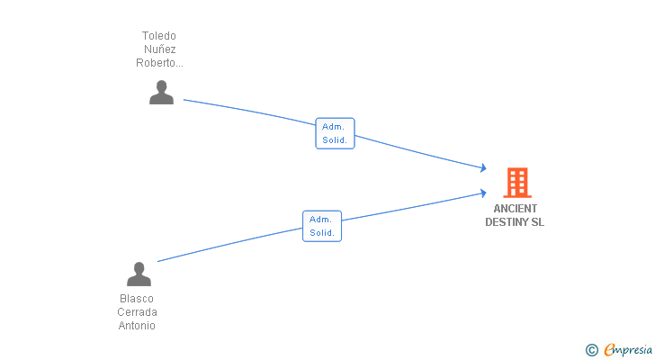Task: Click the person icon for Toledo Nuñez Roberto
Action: [161, 93]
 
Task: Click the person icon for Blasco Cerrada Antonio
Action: [139, 274]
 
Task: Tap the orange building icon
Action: [516, 183]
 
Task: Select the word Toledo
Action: [159, 36]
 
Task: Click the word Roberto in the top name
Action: [158, 63]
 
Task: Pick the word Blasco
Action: [137, 299]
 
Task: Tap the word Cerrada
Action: [137, 312]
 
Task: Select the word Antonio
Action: [137, 326]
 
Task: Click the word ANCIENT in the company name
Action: [515, 209]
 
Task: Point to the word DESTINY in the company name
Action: [506, 221]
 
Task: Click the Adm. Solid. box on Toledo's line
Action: [336, 133]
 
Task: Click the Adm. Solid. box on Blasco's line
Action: [322, 225]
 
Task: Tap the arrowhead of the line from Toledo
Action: [483, 168]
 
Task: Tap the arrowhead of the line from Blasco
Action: [483, 192]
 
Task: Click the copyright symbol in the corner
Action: [591, 350]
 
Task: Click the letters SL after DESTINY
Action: [537, 221]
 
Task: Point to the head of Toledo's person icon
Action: [161, 86]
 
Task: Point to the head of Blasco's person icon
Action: [139, 267]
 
